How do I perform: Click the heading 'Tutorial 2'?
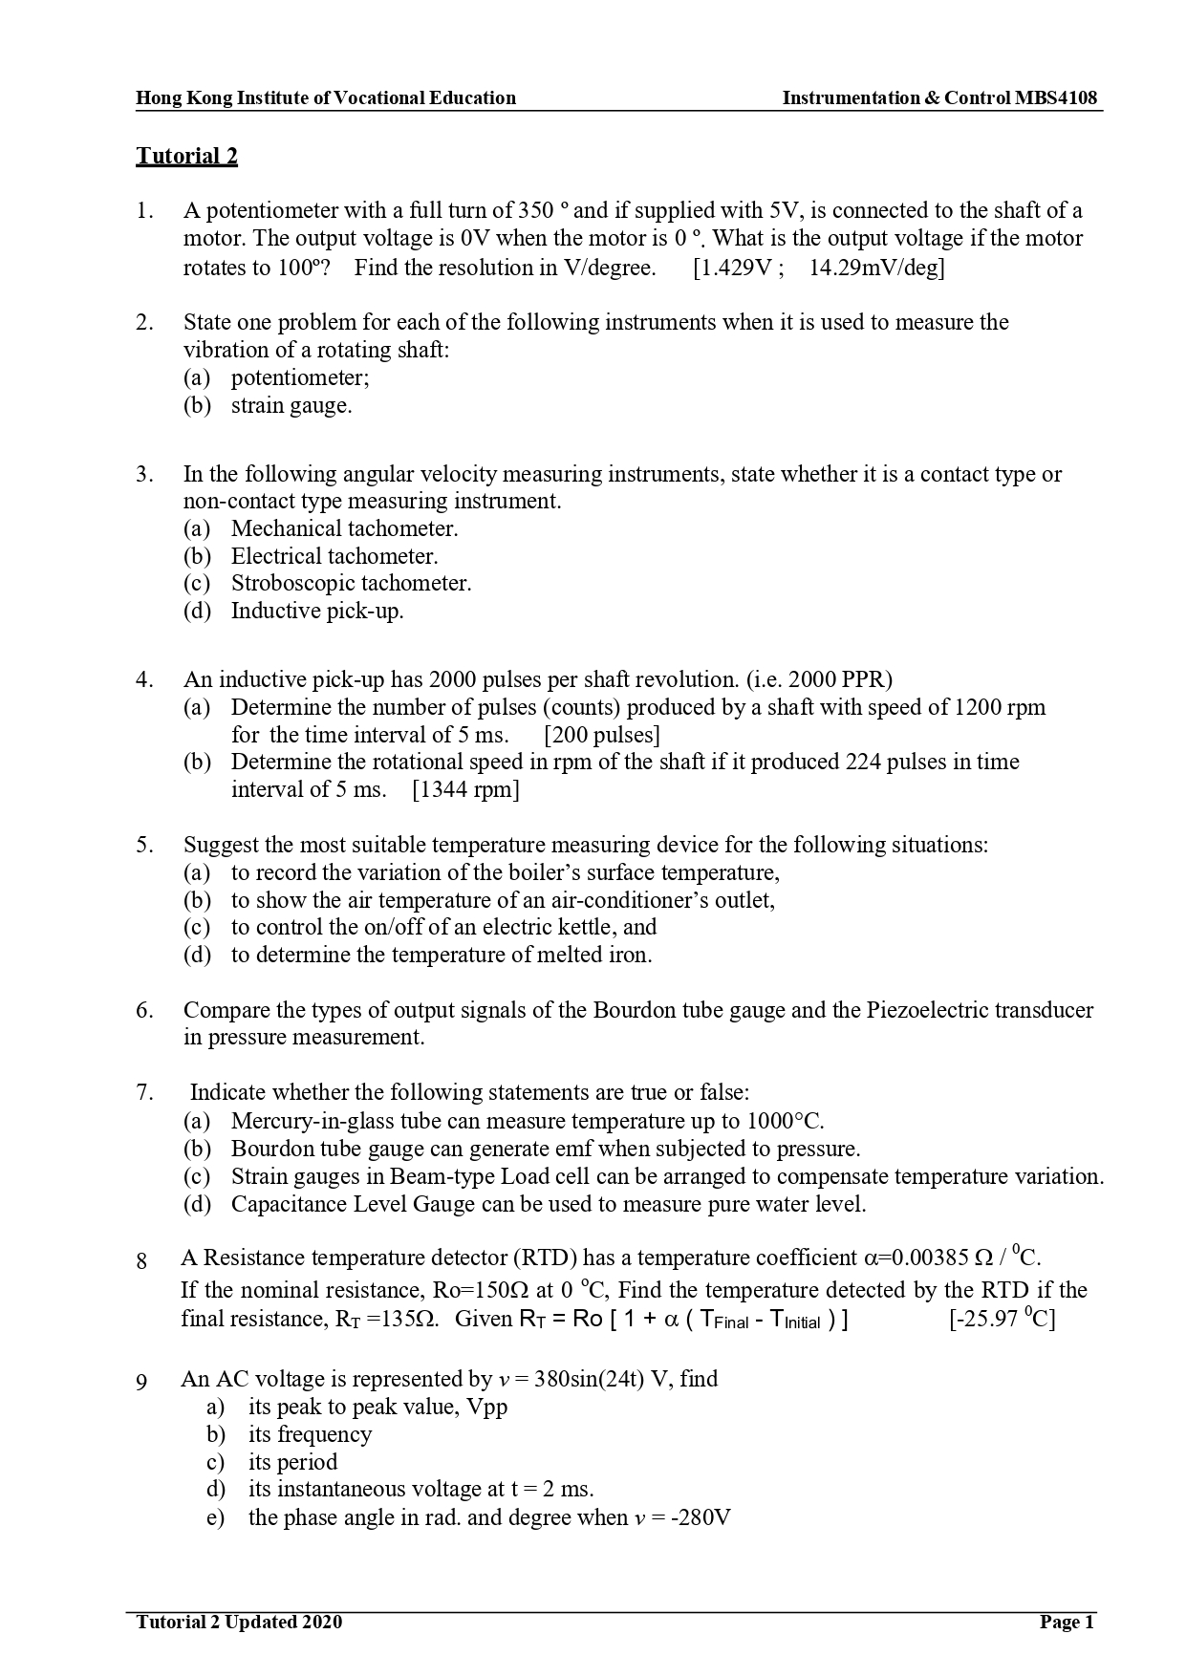point(186,156)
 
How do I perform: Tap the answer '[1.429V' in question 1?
point(732,268)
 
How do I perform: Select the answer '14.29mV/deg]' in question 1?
point(876,268)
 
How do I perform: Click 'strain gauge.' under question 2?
point(291,405)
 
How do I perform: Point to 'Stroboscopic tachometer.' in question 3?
point(351,583)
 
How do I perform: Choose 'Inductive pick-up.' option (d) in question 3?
point(317,611)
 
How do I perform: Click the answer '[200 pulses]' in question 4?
point(602,735)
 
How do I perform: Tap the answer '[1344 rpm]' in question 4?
point(465,789)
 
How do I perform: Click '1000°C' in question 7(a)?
point(784,1121)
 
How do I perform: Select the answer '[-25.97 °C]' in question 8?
point(1002,1320)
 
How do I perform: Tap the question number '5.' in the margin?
point(144,845)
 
